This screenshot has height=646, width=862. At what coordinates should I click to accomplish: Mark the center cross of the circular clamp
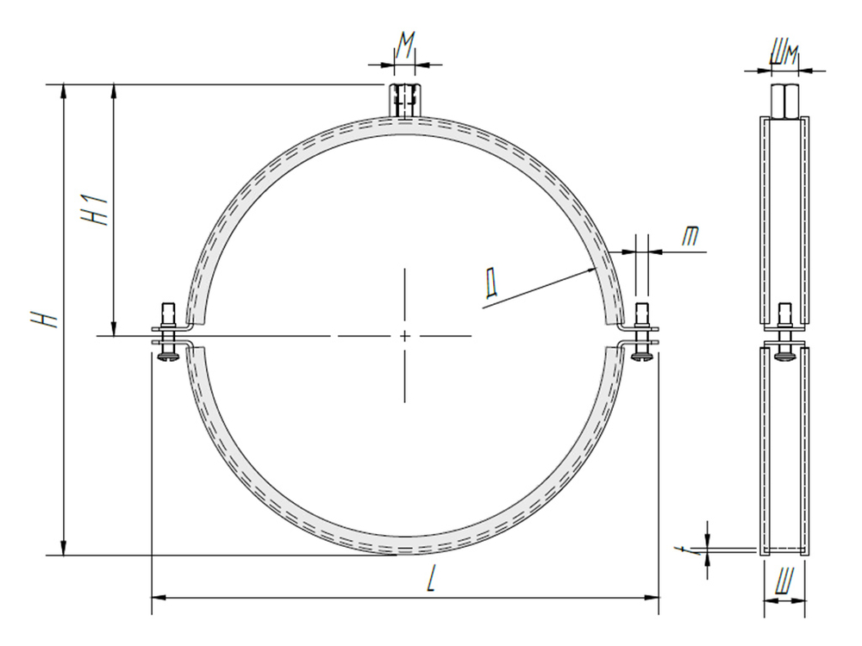pyautogui.click(x=404, y=335)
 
